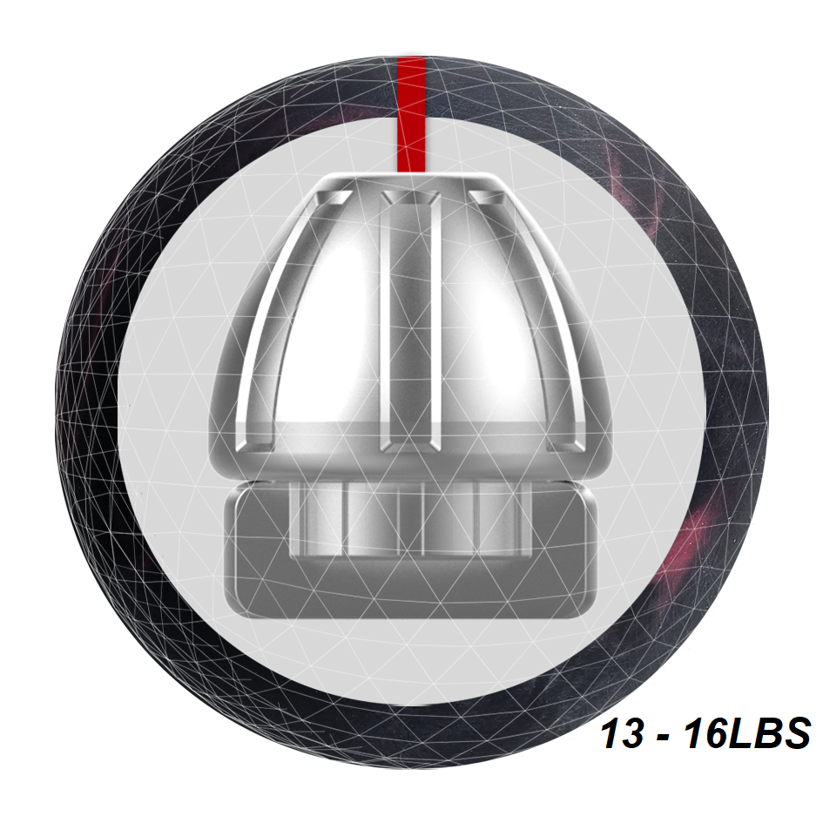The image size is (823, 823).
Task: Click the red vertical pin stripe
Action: [411, 114]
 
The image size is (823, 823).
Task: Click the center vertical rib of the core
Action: [410, 321]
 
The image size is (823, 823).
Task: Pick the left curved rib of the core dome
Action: [273, 320]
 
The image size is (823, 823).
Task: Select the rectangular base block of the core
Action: [411, 551]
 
